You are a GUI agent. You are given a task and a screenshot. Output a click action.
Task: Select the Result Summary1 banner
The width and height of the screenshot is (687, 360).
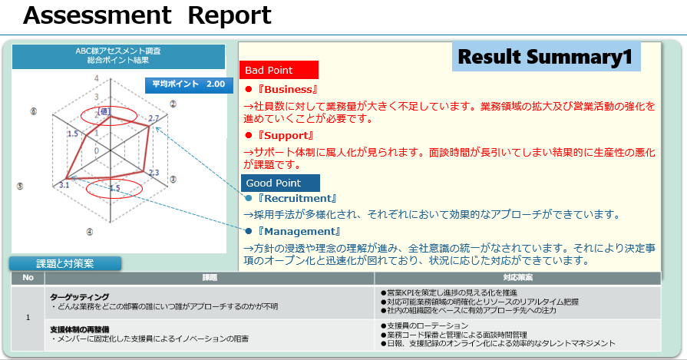pyautogui.click(x=546, y=57)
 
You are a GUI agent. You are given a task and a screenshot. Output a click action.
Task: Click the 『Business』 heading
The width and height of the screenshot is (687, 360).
pyautogui.click(x=287, y=90)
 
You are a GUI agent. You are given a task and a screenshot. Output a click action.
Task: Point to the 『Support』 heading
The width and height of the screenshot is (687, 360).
pyautogui.click(x=284, y=136)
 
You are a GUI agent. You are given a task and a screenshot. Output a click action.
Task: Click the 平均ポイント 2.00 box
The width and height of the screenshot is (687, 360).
pyautogui.click(x=188, y=84)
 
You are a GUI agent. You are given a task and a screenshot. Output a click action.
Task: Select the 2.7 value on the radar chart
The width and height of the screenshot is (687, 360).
pyautogui.click(x=154, y=118)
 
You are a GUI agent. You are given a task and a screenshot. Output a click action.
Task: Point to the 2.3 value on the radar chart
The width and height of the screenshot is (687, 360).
pyautogui.click(x=154, y=172)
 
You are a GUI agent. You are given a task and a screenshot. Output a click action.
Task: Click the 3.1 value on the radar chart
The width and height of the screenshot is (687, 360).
pyautogui.click(x=64, y=185)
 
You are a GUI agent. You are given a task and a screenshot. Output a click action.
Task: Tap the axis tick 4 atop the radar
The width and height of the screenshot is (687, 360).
pyautogui.click(x=97, y=78)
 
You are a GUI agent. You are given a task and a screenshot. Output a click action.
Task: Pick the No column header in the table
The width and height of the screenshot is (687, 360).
pyautogui.click(x=28, y=278)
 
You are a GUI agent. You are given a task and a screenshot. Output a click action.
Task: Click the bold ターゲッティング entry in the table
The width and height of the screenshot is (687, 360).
pyautogui.click(x=80, y=296)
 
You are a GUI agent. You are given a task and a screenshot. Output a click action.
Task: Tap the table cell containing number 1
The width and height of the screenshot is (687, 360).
pyautogui.click(x=28, y=317)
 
